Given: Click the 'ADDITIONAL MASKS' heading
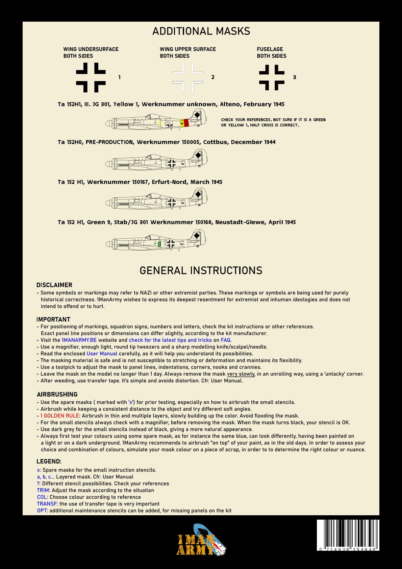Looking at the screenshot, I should (201, 31).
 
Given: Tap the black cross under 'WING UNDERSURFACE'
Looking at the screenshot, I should (91, 77).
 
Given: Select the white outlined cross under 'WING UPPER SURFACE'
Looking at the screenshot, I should (187, 77).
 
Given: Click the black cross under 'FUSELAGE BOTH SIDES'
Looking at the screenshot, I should (272, 77).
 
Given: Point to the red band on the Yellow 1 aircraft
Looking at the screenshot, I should (186, 123).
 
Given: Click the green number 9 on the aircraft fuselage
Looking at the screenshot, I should (159, 244).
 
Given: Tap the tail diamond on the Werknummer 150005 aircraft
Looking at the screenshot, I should (198, 155).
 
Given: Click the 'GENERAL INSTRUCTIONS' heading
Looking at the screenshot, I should (201, 270).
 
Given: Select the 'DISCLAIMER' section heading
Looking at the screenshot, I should (54, 285).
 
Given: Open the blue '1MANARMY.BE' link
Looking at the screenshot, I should (79, 340).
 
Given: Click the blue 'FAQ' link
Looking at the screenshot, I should (225, 340).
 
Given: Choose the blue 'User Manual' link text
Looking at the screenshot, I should (102, 354).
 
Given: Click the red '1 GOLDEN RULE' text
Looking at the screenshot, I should (59, 416).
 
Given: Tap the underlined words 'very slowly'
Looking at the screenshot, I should (241, 374).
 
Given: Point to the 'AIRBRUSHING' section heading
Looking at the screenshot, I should (57, 394).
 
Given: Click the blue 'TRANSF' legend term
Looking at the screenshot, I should (47, 504).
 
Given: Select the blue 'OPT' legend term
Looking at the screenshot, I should (42, 511).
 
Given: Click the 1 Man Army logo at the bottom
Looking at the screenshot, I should (201, 540).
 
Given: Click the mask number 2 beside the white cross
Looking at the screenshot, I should (213, 77).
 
